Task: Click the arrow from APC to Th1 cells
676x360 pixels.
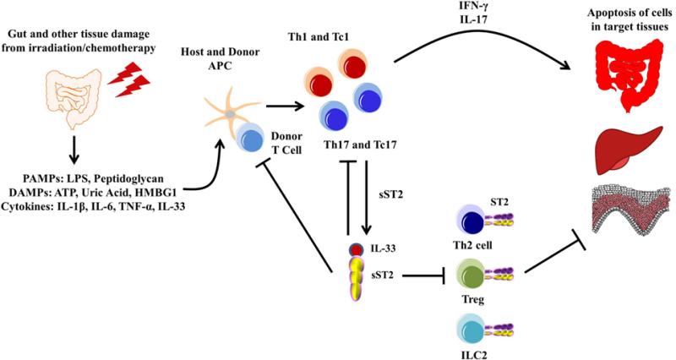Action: pos(285,107)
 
